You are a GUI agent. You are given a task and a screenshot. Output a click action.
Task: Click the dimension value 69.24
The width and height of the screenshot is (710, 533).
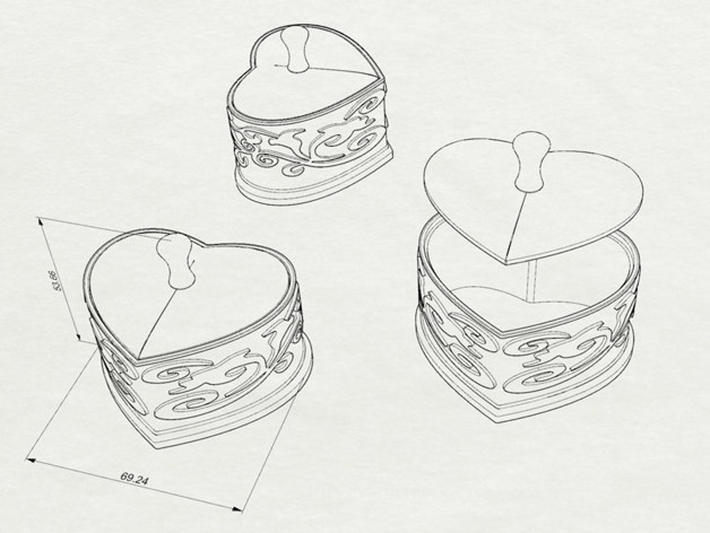134,479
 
